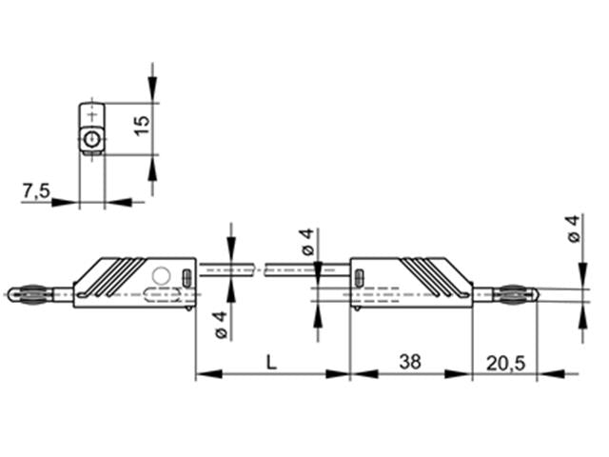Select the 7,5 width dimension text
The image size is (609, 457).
[35, 191]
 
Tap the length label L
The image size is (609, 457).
[272, 362]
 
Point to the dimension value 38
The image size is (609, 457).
[410, 362]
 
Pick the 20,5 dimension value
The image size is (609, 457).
[505, 362]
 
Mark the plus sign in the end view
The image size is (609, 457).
[91, 114]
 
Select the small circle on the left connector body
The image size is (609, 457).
[161, 276]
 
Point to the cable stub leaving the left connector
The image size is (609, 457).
[226, 271]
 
